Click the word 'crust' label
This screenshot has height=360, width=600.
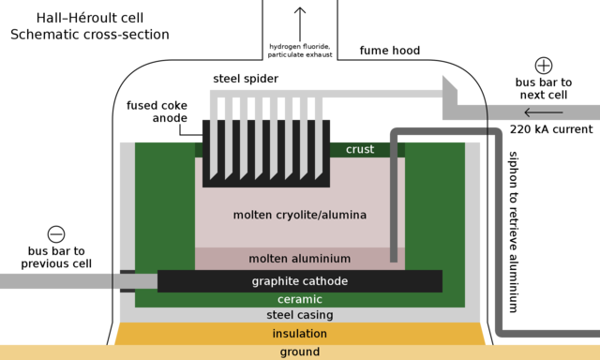pyautogui.click(x=360, y=149)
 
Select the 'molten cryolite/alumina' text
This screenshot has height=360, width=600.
pyautogui.click(x=300, y=215)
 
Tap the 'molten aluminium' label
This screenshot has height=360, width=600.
pyautogui.click(x=300, y=258)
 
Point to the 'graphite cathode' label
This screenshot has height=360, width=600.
pyautogui.click(x=300, y=281)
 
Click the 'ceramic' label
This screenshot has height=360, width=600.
pyautogui.click(x=300, y=300)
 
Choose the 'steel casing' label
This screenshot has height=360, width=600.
pyautogui.click(x=300, y=315)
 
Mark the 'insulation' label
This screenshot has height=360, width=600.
pyautogui.click(x=300, y=334)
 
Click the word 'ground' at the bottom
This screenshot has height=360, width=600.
pyautogui.click(x=300, y=352)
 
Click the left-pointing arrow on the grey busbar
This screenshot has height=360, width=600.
pyautogui.click(x=544, y=113)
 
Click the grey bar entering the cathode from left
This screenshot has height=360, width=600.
pyautogui.click(x=56, y=280)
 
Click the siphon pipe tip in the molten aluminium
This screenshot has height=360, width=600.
pyautogui.click(x=394, y=257)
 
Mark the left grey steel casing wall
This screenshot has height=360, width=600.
pyautogui.click(x=127, y=225)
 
